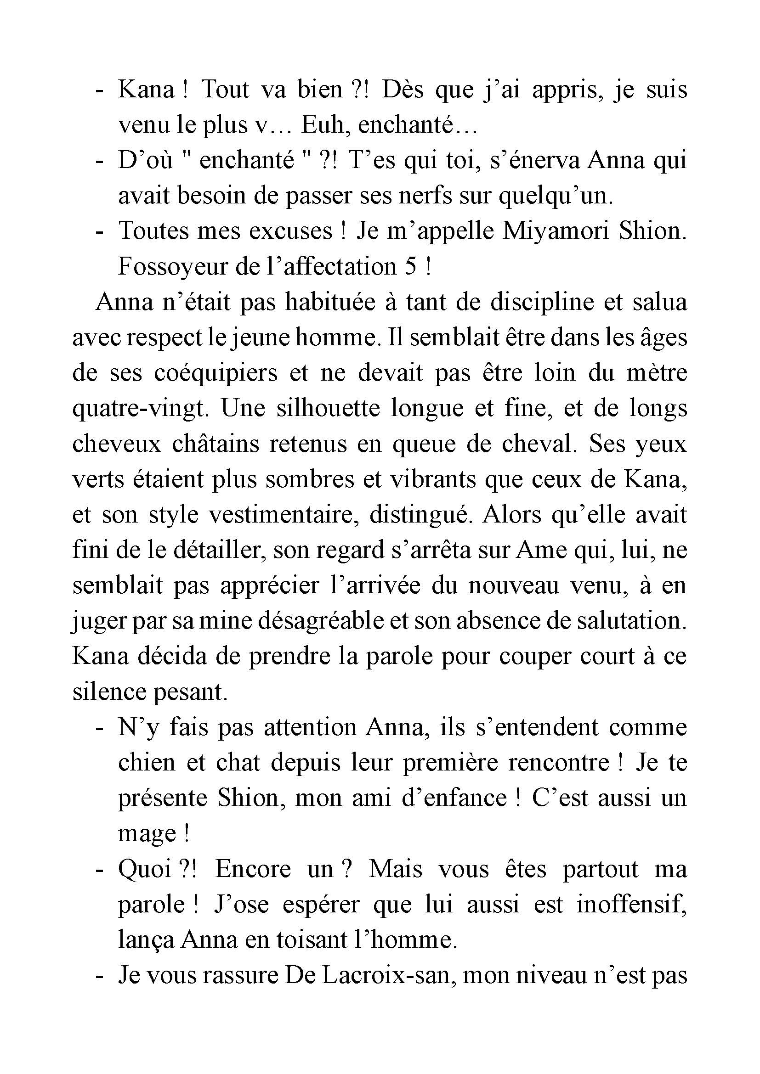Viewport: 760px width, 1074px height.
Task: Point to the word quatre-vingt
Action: tap(139, 409)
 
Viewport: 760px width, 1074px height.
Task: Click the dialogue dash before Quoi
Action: tap(99, 871)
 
